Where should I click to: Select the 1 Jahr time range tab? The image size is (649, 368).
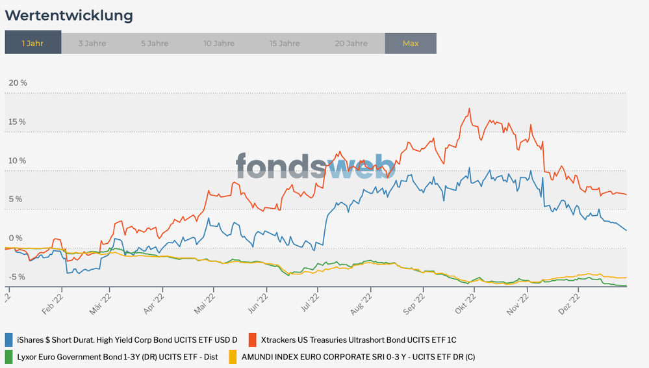coord(33,44)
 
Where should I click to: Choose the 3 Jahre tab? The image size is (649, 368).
coord(92,44)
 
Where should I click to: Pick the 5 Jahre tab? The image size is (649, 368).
coord(155,44)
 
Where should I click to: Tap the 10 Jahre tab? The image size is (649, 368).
coord(219,44)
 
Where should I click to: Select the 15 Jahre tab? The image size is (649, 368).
coord(285,44)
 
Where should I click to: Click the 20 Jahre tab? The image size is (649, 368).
coord(351,44)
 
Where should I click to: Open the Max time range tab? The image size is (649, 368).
coord(411,44)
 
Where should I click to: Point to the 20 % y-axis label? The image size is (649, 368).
coord(18,83)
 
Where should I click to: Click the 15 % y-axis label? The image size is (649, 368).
coord(18,122)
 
